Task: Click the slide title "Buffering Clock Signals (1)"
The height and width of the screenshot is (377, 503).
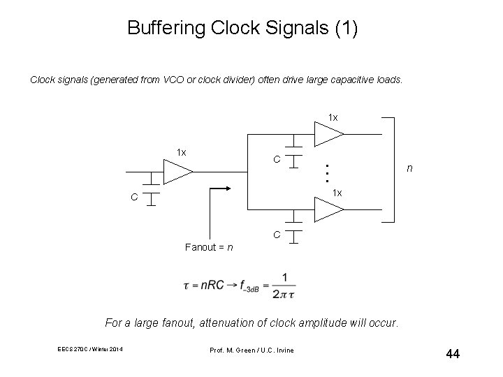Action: coord(242,29)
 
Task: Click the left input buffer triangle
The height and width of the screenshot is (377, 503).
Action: coord(177,170)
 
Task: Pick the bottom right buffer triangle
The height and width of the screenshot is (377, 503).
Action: coord(328,208)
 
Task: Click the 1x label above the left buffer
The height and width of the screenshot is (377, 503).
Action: coord(181,152)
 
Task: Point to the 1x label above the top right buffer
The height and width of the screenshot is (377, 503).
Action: coord(333,117)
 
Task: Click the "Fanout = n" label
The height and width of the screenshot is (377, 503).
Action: coord(210,246)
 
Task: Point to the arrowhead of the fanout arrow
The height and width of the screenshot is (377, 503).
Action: coord(228,188)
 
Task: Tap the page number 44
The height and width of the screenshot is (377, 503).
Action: coord(452,354)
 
